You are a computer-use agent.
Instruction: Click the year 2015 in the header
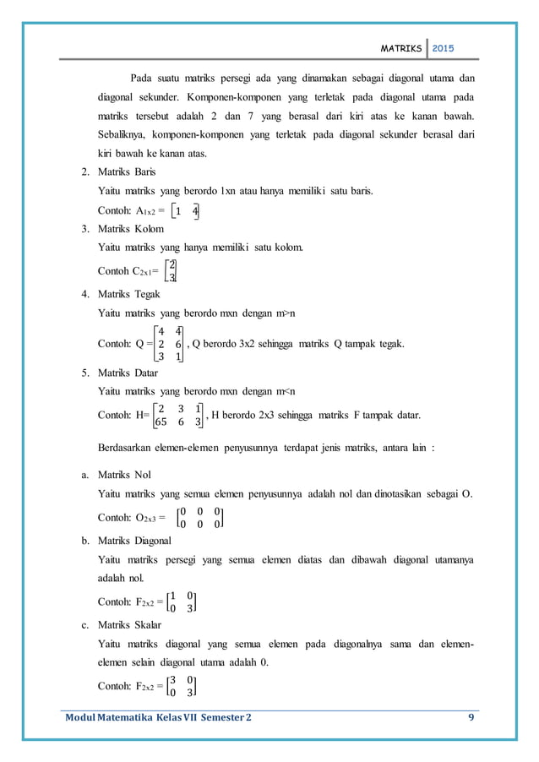point(443,49)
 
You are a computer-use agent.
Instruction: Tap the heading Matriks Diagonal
point(135,539)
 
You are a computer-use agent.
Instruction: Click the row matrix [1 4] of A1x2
point(184,211)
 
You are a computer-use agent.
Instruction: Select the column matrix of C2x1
point(171,270)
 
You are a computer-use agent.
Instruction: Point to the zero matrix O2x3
point(199,518)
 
